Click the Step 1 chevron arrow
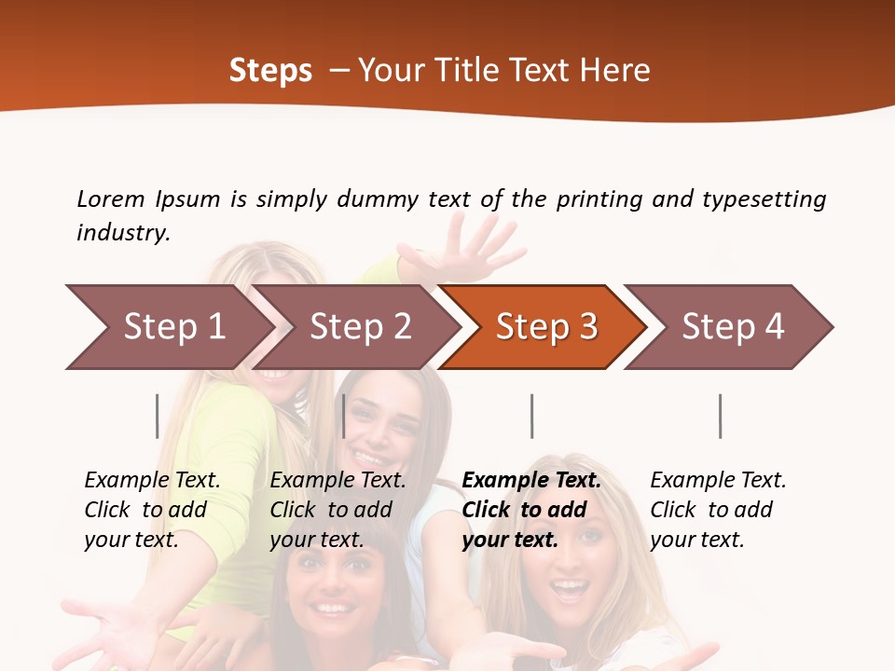point(168,327)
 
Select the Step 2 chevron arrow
point(359,327)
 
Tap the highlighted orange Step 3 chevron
point(545,327)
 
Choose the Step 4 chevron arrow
point(732,327)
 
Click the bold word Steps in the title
point(270,70)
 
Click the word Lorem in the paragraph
point(110,199)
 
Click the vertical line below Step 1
point(158,416)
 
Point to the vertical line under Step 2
point(344,416)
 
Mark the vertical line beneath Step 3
point(531,416)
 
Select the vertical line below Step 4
point(720,416)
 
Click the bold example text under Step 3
point(530,510)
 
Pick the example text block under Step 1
point(152,510)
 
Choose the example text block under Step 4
point(717,510)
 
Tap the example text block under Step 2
point(337,510)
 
